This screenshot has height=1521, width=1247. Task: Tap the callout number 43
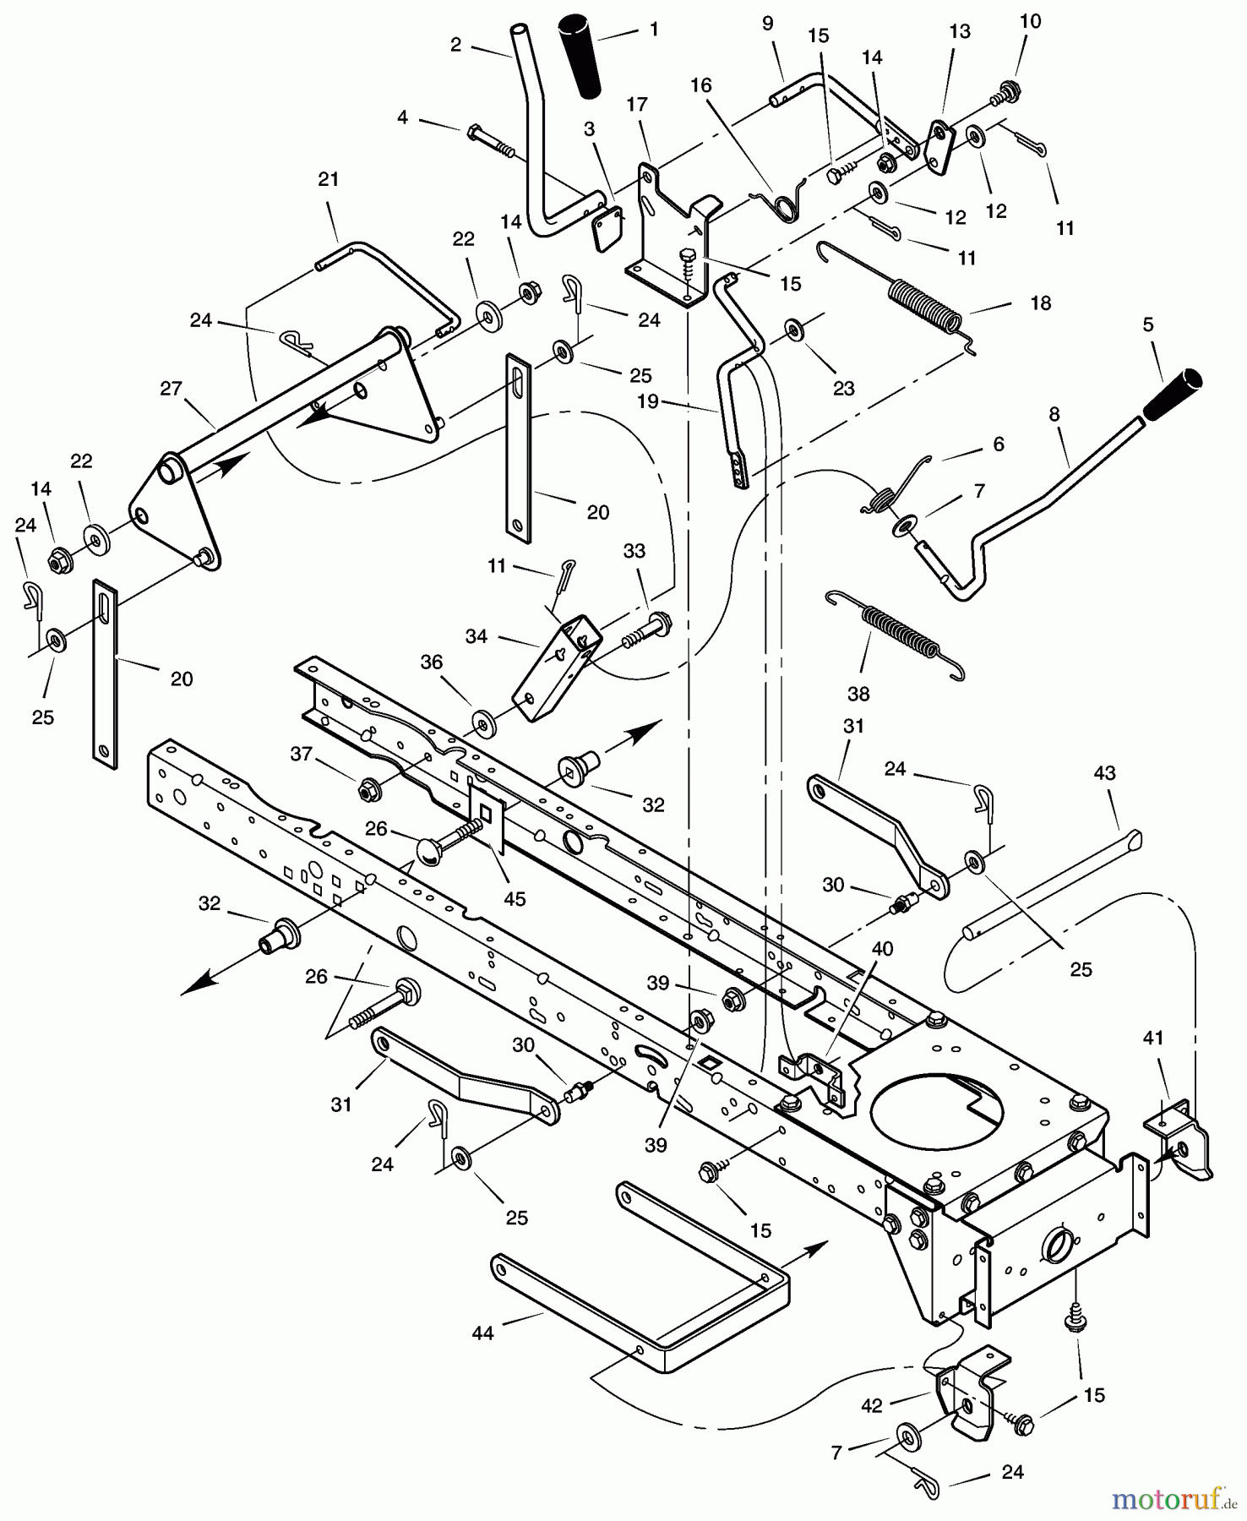point(1104,773)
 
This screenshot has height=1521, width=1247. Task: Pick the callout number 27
point(171,388)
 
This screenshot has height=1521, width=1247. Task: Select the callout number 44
point(482,1333)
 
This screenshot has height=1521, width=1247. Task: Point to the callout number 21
point(329,179)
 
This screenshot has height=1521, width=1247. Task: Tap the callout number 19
point(647,401)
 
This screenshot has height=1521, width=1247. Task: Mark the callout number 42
point(871,1405)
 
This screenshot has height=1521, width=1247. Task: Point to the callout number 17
point(637,104)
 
